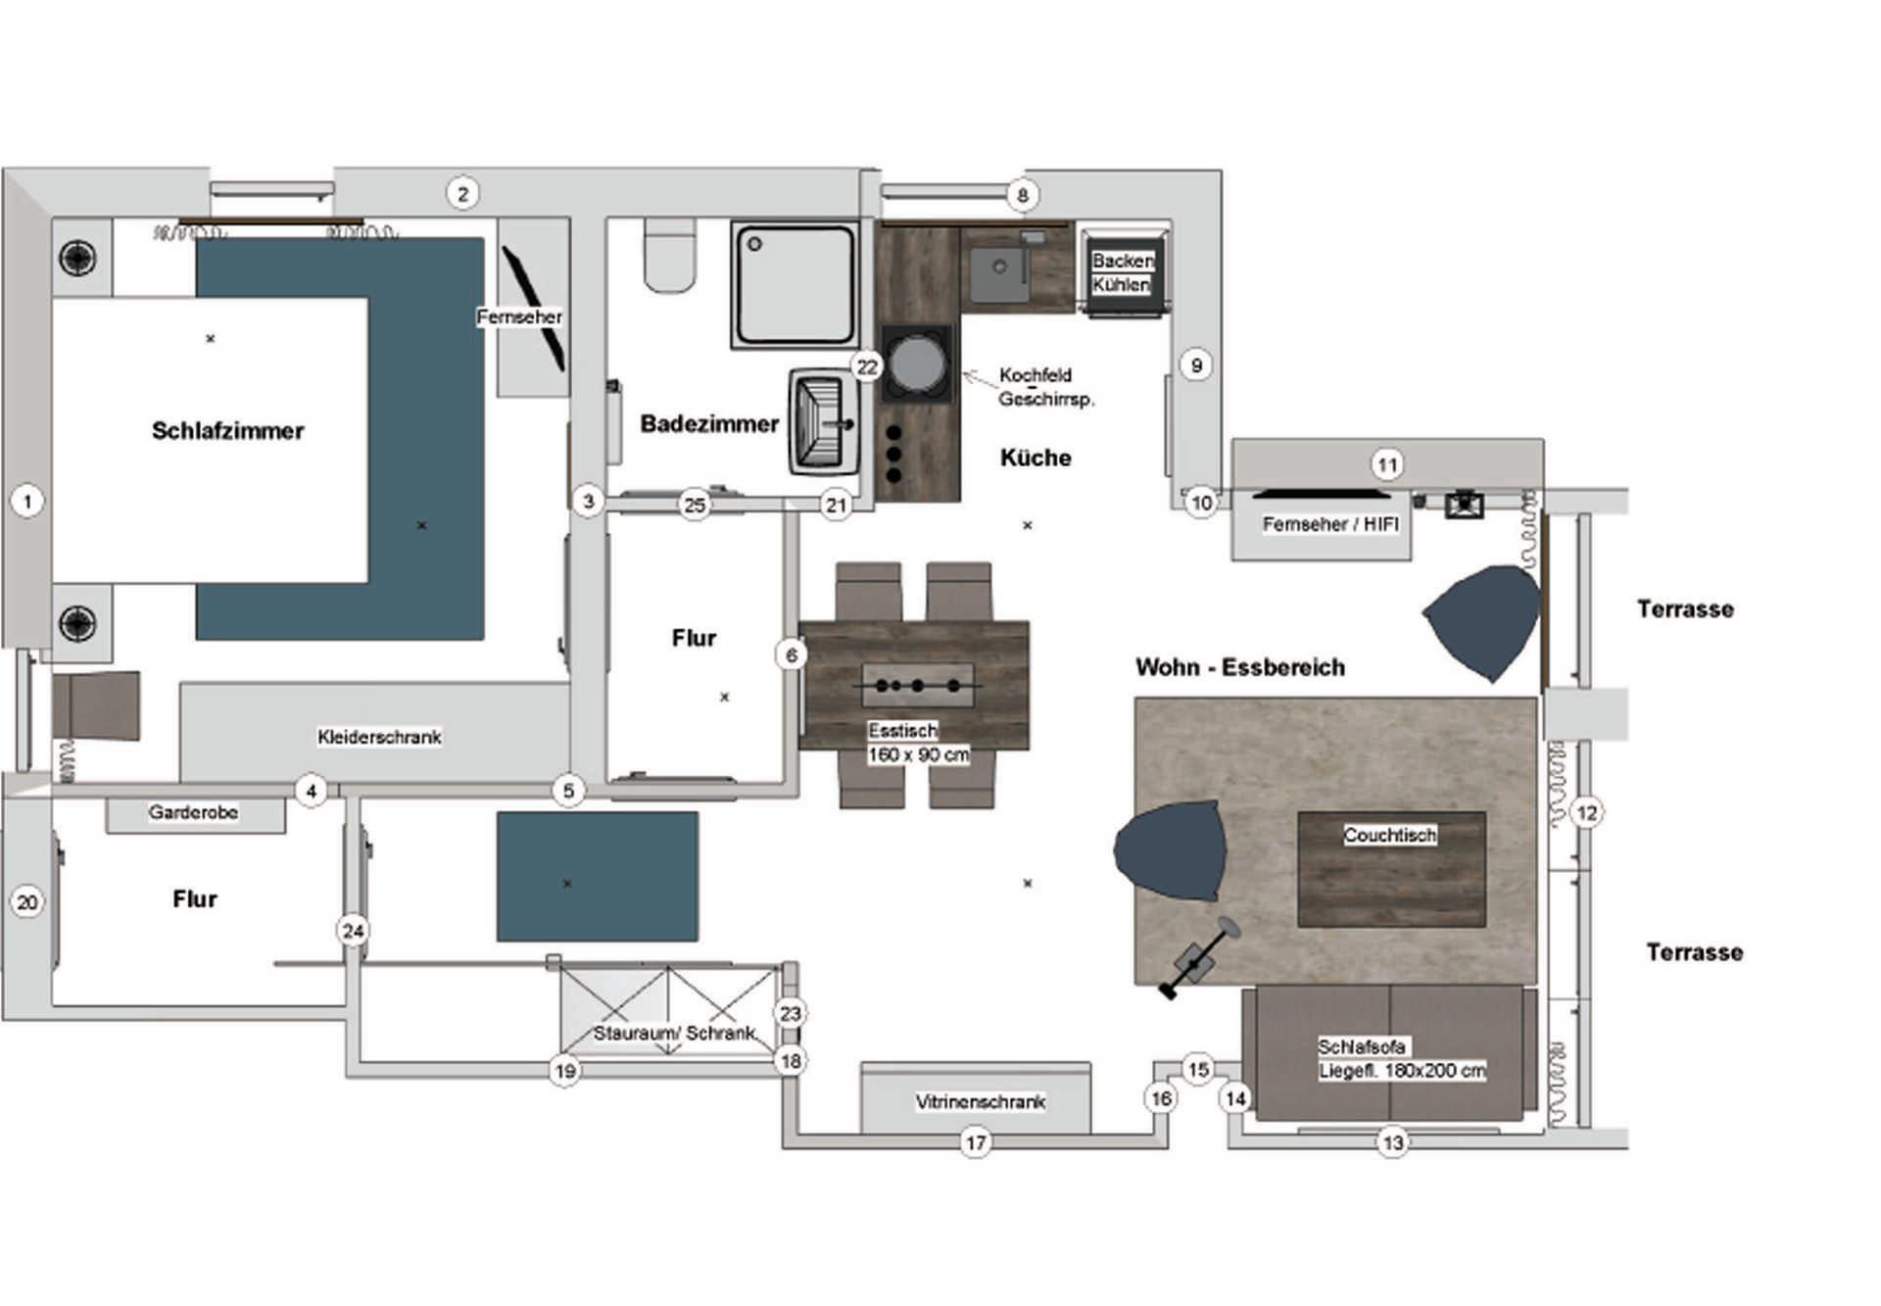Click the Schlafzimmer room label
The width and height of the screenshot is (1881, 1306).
pyautogui.click(x=227, y=431)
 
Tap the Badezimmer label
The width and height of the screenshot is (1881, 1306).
pyautogui.click(x=709, y=424)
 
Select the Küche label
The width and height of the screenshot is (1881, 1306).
pyautogui.click(x=1036, y=458)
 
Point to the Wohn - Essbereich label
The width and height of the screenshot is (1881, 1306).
pyautogui.click(x=1240, y=667)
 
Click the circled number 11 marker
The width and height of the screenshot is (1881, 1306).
pyautogui.click(x=1387, y=464)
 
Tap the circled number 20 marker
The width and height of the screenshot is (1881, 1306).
pyautogui.click(x=27, y=902)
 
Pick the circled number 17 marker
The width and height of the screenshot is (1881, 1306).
pyautogui.click(x=976, y=1142)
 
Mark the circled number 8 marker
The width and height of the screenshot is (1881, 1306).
pyautogui.click(x=1022, y=195)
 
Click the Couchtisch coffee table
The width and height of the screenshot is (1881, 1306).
pyautogui.click(x=1391, y=869)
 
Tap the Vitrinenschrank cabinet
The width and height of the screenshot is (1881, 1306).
pyautogui.click(x=976, y=1098)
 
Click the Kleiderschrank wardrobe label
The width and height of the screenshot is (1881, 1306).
pyautogui.click(x=379, y=737)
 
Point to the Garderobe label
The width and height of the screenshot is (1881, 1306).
pyautogui.click(x=193, y=812)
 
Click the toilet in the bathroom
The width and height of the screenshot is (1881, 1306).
pyautogui.click(x=670, y=256)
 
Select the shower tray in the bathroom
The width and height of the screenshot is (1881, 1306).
pyautogui.click(x=795, y=284)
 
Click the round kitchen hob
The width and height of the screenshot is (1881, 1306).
pyautogui.click(x=917, y=363)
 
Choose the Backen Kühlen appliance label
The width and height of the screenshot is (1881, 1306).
pyautogui.click(x=1122, y=272)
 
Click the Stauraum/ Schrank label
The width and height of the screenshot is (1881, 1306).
pyautogui.click(x=674, y=1033)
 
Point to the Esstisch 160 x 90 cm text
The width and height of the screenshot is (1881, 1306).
pyautogui.click(x=918, y=743)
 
